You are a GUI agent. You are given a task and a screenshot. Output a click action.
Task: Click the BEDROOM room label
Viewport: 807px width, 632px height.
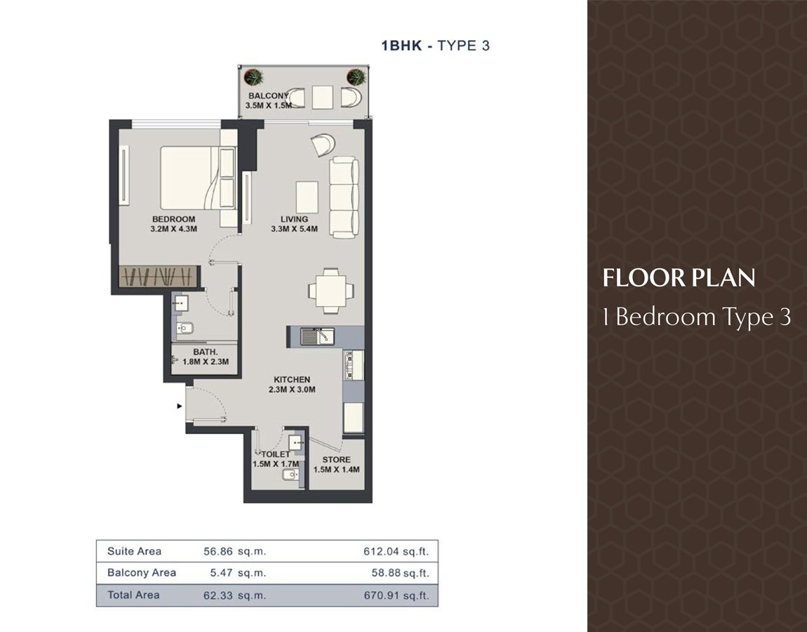(x=173, y=224)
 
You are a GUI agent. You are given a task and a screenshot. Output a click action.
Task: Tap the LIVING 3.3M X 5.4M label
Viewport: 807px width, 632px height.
(x=295, y=224)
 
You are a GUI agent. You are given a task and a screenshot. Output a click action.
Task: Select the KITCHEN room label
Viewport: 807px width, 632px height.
(x=292, y=384)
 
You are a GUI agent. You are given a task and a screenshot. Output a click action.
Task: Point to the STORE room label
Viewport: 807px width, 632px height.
(x=337, y=464)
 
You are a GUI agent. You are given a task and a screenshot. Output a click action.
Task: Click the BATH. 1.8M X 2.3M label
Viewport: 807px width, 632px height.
(x=206, y=357)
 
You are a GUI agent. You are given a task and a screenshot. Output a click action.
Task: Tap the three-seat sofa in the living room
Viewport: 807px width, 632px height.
(x=344, y=198)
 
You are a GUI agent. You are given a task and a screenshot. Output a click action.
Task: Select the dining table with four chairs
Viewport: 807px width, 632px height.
(x=331, y=291)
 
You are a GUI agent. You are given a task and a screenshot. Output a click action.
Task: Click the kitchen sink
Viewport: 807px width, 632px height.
(x=317, y=337)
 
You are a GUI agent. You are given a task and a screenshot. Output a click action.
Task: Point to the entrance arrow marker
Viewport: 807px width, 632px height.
(x=180, y=407)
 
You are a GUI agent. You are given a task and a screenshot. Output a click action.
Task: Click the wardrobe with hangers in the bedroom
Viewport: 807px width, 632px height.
(x=158, y=276)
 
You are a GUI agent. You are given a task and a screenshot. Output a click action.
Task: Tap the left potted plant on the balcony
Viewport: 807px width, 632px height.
(x=253, y=77)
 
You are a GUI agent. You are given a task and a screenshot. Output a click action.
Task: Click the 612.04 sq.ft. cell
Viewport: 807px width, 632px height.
(x=396, y=552)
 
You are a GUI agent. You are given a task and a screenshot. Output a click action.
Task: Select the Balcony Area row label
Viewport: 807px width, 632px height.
(x=142, y=573)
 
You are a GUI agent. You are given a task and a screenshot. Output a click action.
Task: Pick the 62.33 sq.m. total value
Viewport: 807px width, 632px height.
(x=234, y=595)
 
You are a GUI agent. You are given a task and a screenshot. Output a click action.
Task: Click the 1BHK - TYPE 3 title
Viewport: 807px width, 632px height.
(x=435, y=46)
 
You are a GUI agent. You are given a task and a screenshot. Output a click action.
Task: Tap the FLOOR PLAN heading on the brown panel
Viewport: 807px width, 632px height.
(x=679, y=277)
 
